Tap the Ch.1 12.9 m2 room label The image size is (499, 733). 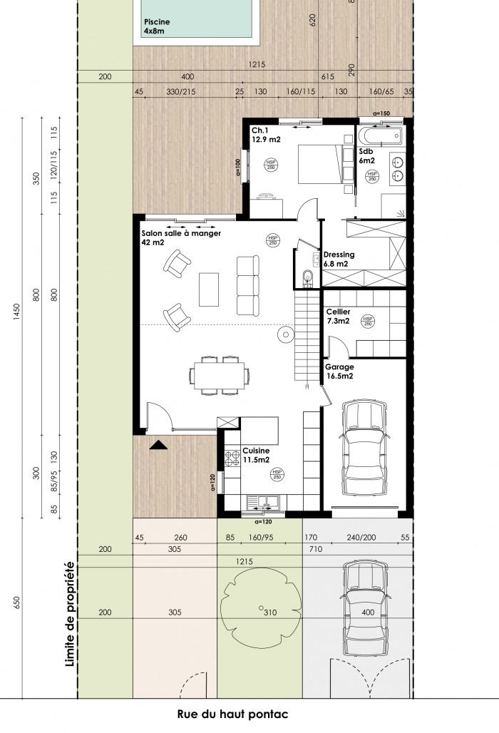(265, 135)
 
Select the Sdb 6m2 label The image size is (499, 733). (367, 156)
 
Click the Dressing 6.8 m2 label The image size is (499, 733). (339, 259)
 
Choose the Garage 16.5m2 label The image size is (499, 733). (340, 371)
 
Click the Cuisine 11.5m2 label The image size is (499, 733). (256, 456)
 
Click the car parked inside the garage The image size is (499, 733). (366, 449)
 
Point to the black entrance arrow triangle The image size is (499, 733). (158, 446)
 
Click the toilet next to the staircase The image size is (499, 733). (307, 277)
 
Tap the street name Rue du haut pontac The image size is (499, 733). (233, 714)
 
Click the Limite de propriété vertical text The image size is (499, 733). (69, 614)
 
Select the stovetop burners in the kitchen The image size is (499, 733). (232, 456)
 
